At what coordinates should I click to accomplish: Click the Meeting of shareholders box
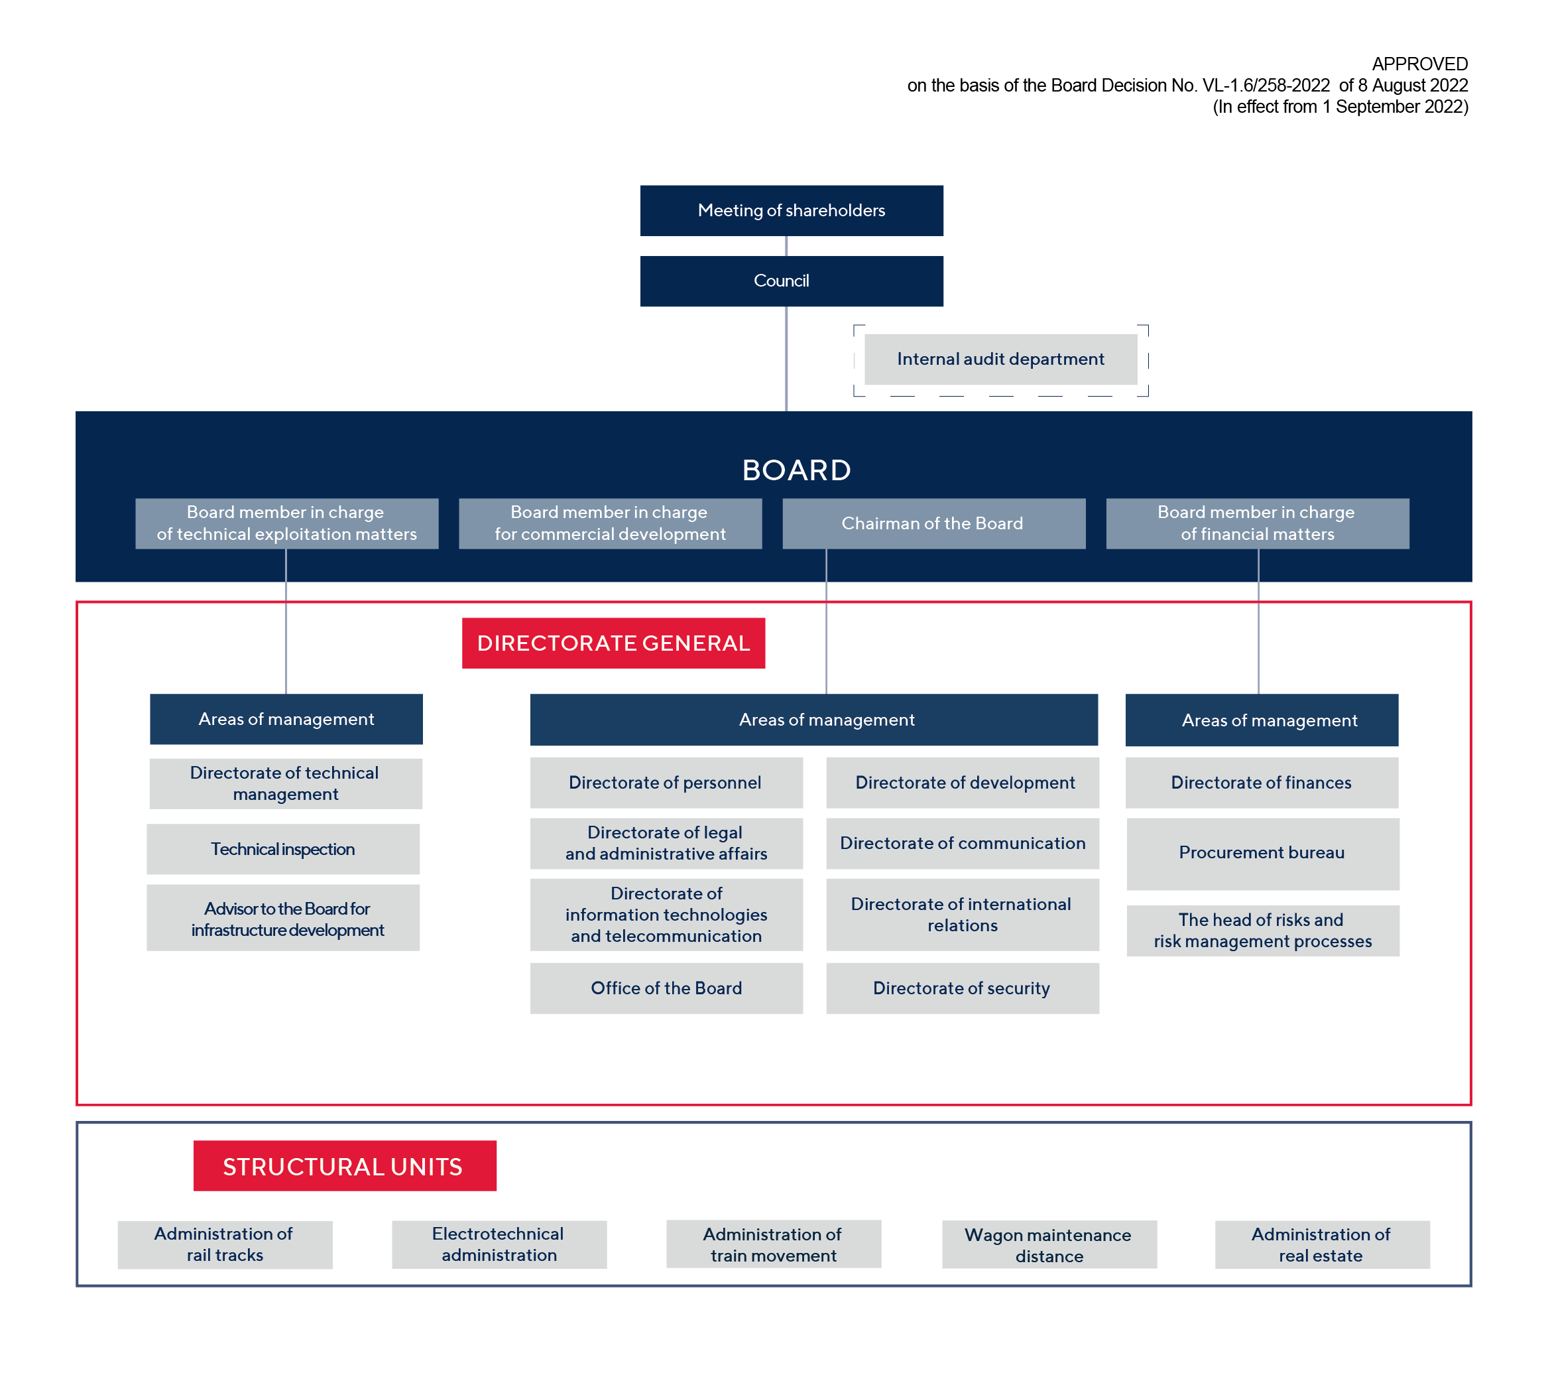(791, 210)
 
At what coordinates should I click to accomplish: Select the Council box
(791, 281)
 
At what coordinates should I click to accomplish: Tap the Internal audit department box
(1000, 359)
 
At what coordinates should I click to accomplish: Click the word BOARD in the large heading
(796, 470)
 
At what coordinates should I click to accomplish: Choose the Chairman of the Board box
(933, 523)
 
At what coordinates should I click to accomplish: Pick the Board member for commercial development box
(610, 523)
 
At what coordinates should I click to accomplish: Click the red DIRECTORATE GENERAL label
(613, 643)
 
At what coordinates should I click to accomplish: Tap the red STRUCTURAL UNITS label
(345, 1165)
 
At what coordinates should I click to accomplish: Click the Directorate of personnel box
(666, 782)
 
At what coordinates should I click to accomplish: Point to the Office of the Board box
(666, 988)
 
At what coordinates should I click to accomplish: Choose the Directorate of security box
(963, 988)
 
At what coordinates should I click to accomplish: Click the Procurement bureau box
(1263, 854)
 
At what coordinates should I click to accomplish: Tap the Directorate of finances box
(1262, 782)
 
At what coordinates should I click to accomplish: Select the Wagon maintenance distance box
(1049, 1244)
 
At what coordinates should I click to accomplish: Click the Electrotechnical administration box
(499, 1244)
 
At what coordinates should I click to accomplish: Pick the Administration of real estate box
(1322, 1244)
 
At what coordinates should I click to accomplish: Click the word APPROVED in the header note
(1419, 64)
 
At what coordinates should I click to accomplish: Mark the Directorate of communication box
(963, 843)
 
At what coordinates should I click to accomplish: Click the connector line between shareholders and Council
(786, 245)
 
